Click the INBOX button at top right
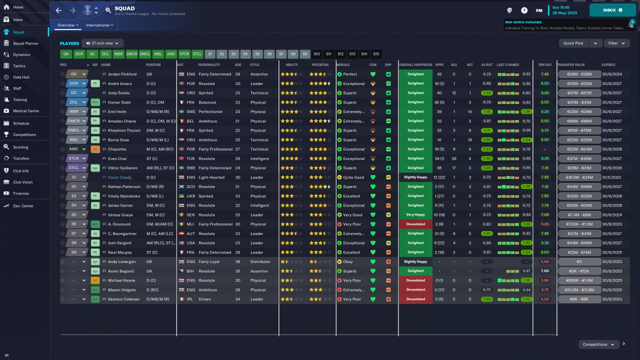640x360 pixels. [612, 10]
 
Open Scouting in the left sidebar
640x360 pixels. [20, 147]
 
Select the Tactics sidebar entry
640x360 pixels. [19, 66]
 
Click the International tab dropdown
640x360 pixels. [99, 25]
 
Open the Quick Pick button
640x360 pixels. [573, 43]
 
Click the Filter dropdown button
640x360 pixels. [615, 43]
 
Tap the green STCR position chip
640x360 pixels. [184, 54]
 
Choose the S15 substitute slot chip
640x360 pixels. [376, 54]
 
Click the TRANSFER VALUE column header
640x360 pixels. [571, 65]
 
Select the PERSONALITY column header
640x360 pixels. [209, 65]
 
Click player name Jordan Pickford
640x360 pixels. [122, 74]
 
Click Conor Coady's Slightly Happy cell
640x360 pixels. [415, 177]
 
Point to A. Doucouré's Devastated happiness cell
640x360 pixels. [415, 224]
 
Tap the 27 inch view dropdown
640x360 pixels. [102, 43]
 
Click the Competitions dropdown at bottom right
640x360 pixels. [598, 344]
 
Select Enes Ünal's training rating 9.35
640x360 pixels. [545, 158]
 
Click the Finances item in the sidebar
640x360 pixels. [21, 193]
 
